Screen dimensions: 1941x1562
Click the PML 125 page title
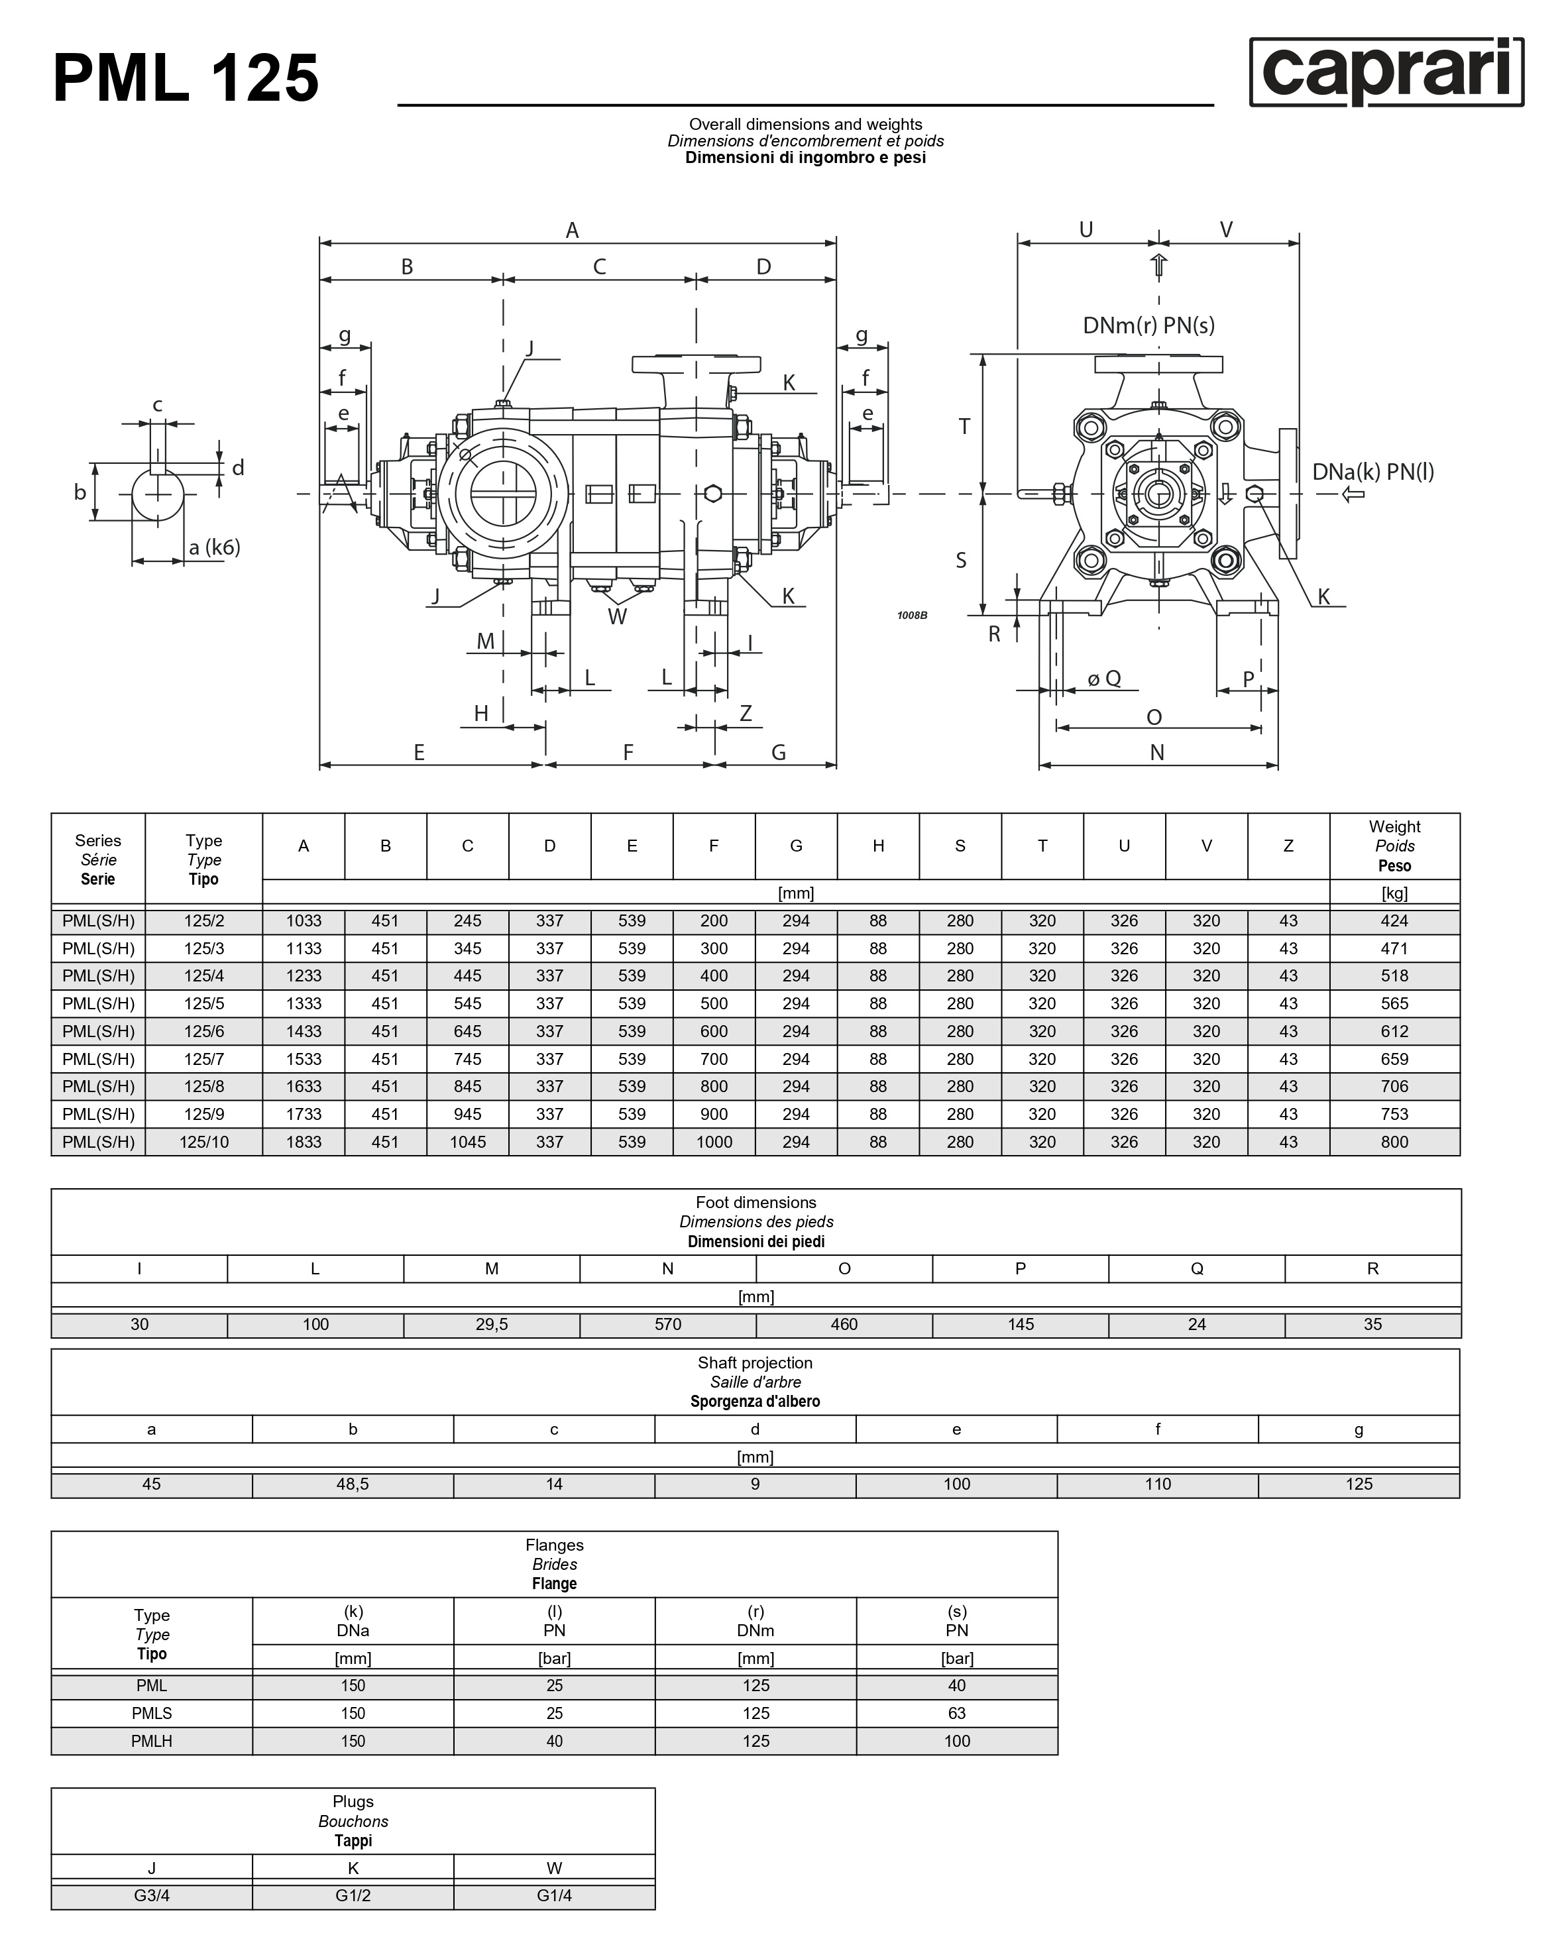tap(186, 78)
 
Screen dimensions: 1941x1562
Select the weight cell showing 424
tap(1394, 921)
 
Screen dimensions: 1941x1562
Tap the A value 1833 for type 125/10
tap(304, 1142)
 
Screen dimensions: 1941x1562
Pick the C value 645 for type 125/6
tap(467, 1031)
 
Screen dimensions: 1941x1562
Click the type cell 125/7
tap(203, 1059)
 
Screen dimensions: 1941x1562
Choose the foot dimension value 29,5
tap(492, 1324)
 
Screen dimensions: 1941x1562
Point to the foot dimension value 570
tap(668, 1324)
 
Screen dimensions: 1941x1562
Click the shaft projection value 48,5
tap(353, 1484)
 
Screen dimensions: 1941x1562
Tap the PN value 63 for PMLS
tap(957, 1713)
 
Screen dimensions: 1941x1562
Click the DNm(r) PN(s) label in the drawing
tap(1148, 325)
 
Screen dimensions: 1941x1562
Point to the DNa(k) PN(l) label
tap(1372, 471)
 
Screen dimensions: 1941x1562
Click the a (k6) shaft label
tap(214, 547)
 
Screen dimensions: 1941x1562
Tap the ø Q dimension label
tap(1104, 678)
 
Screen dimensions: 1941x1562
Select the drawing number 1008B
tap(912, 615)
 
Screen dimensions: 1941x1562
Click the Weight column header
tap(1394, 846)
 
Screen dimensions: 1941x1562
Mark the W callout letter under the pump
tap(617, 617)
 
